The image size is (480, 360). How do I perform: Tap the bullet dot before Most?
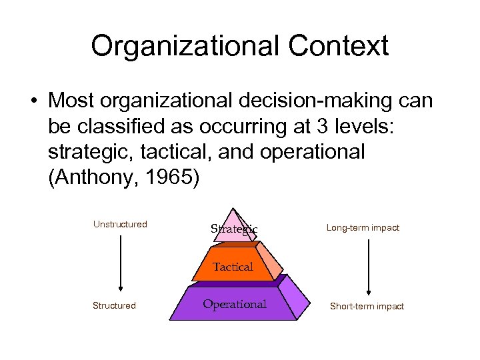point(32,101)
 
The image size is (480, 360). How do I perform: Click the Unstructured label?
point(120,224)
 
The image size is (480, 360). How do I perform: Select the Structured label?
point(114,305)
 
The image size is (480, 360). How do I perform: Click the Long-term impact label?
point(363,227)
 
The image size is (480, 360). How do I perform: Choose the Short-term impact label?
point(367,306)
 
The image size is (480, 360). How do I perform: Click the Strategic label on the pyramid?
point(234,229)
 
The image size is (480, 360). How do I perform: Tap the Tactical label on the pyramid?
point(233,267)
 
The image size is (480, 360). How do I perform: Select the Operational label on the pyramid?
point(234,304)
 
